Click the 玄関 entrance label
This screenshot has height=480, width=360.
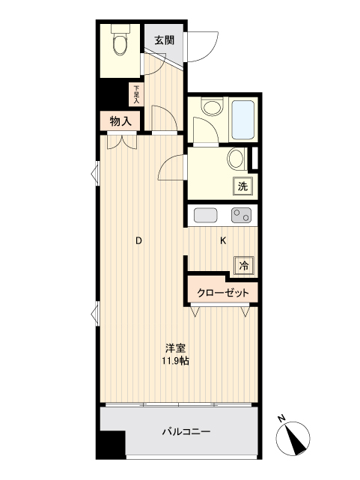tap(165, 41)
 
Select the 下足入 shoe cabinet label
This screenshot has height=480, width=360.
tap(136, 93)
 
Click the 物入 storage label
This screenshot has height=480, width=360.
tap(120, 120)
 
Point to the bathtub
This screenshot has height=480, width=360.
tap(243, 120)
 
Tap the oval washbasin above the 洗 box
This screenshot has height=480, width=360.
tap(236, 159)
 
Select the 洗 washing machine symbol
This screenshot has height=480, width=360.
tap(243, 186)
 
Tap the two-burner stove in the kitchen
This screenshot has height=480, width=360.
tap(242, 216)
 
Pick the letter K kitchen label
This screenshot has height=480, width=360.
tap(223, 241)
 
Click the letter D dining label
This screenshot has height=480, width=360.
tap(138, 241)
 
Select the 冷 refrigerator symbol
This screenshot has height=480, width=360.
tap(244, 264)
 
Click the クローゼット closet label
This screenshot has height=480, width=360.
tap(223, 293)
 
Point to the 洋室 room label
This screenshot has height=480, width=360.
tap(177, 349)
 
